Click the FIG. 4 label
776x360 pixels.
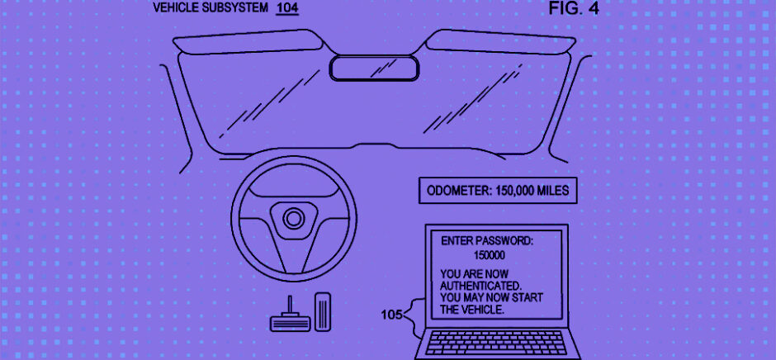[574, 10]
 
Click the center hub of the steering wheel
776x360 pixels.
[292, 218]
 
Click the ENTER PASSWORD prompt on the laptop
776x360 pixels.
[487, 241]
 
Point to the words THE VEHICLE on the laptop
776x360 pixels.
[471, 310]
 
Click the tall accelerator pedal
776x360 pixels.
[324, 310]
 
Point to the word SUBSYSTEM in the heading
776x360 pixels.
[239, 9]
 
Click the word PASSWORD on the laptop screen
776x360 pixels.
[505, 241]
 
